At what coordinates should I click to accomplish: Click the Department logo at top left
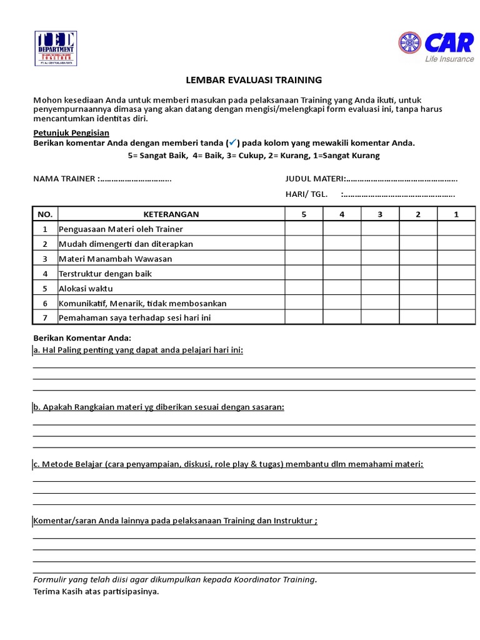point(56,47)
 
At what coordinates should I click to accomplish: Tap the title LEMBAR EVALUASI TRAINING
point(254,80)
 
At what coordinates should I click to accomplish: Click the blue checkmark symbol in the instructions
point(234,142)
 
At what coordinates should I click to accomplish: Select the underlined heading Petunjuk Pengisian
point(71,132)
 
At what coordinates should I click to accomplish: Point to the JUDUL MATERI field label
point(315,179)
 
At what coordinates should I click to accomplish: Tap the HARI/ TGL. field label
point(306,194)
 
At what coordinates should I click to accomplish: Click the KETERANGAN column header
point(171,214)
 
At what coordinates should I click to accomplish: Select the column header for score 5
point(304,214)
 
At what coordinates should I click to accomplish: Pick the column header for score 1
point(456,214)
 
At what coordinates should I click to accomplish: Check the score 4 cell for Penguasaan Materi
point(342,229)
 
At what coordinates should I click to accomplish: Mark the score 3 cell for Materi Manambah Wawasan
point(380,259)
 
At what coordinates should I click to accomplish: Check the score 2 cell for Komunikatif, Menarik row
point(418,303)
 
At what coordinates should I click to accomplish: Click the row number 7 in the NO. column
point(45,318)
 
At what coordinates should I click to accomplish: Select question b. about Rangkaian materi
point(159,407)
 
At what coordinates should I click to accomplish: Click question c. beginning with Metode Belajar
point(228,464)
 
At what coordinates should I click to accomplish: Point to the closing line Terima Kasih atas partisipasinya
point(96,591)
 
